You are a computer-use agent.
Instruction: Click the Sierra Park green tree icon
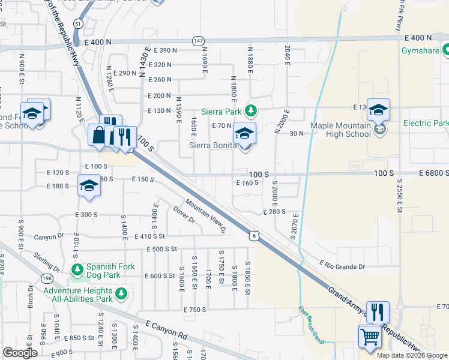(253, 110)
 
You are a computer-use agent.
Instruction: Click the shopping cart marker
(369, 337)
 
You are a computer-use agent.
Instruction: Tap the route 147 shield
(198, 40)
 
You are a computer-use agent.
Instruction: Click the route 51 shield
(79, 22)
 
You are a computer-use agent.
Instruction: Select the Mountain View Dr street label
(205, 216)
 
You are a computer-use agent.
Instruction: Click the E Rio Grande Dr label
(342, 265)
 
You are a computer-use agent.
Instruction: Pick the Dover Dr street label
(184, 215)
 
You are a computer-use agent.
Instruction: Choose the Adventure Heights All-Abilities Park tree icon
(122, 293)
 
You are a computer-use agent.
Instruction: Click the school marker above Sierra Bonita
(244, 134)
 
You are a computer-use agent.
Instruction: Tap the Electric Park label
(426, 123)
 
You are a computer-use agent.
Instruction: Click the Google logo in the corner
(20, 353)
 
